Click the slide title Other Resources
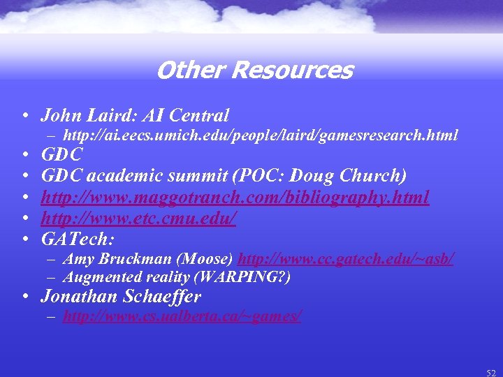(x=255, y=71)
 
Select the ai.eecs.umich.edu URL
(x=261, y=135)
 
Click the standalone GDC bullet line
(x=62, y=154)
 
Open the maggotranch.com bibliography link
(x=235, y=198)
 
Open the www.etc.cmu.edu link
(x=138, y=219)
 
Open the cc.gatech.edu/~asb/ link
(x=347, y=259)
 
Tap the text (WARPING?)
(x=243, y=276)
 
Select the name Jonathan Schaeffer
(x=121, y=297)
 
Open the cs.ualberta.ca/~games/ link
(x=182, y=317)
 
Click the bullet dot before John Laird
(x=25, y=116)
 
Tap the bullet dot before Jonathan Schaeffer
(x=25, y=297)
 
